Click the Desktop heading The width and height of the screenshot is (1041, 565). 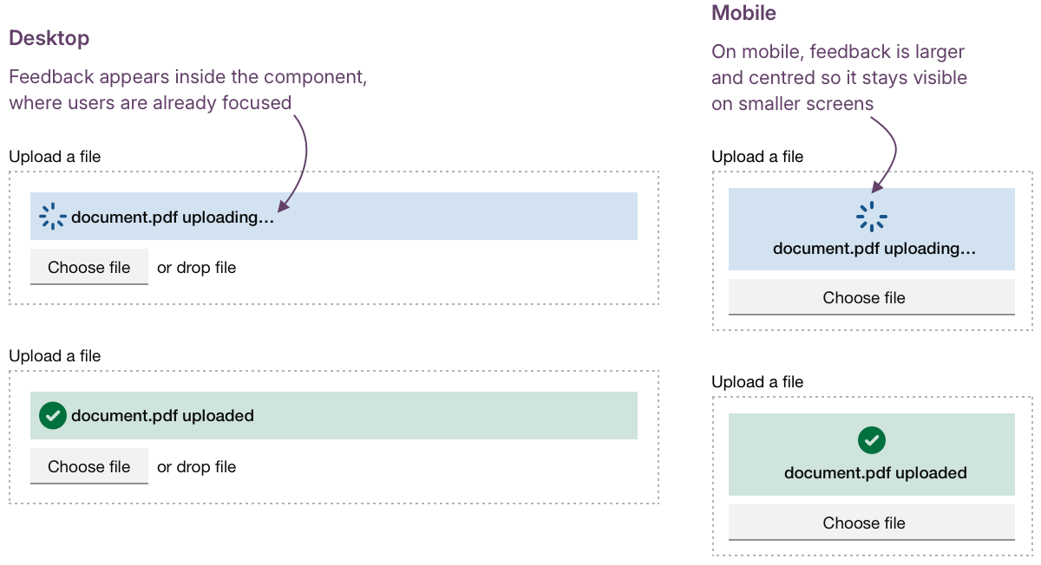(x=49, y=39)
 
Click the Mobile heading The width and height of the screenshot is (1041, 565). (x=743, y=13)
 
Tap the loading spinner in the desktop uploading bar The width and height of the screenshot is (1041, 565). (x=53, y=217)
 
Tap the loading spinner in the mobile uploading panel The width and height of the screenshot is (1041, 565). (x=871, y=217)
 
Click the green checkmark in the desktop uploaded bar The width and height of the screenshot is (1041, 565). (x=53, y=416)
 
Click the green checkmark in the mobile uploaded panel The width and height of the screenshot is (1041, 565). (x=871, y=441)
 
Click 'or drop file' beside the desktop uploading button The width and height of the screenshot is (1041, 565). (x=196, y=268)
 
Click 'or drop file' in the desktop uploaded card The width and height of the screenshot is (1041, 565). (x=196, y=467)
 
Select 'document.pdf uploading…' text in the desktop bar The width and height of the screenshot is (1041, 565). (x=172, y=218)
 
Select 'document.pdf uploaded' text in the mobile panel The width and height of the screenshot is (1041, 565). (x=874, y=473)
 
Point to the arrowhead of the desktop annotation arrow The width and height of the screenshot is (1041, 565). (x=281, y=206)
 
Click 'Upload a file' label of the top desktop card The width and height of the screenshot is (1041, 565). (x=55, y=157)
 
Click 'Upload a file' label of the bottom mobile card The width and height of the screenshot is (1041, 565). (x=757, y=382)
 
